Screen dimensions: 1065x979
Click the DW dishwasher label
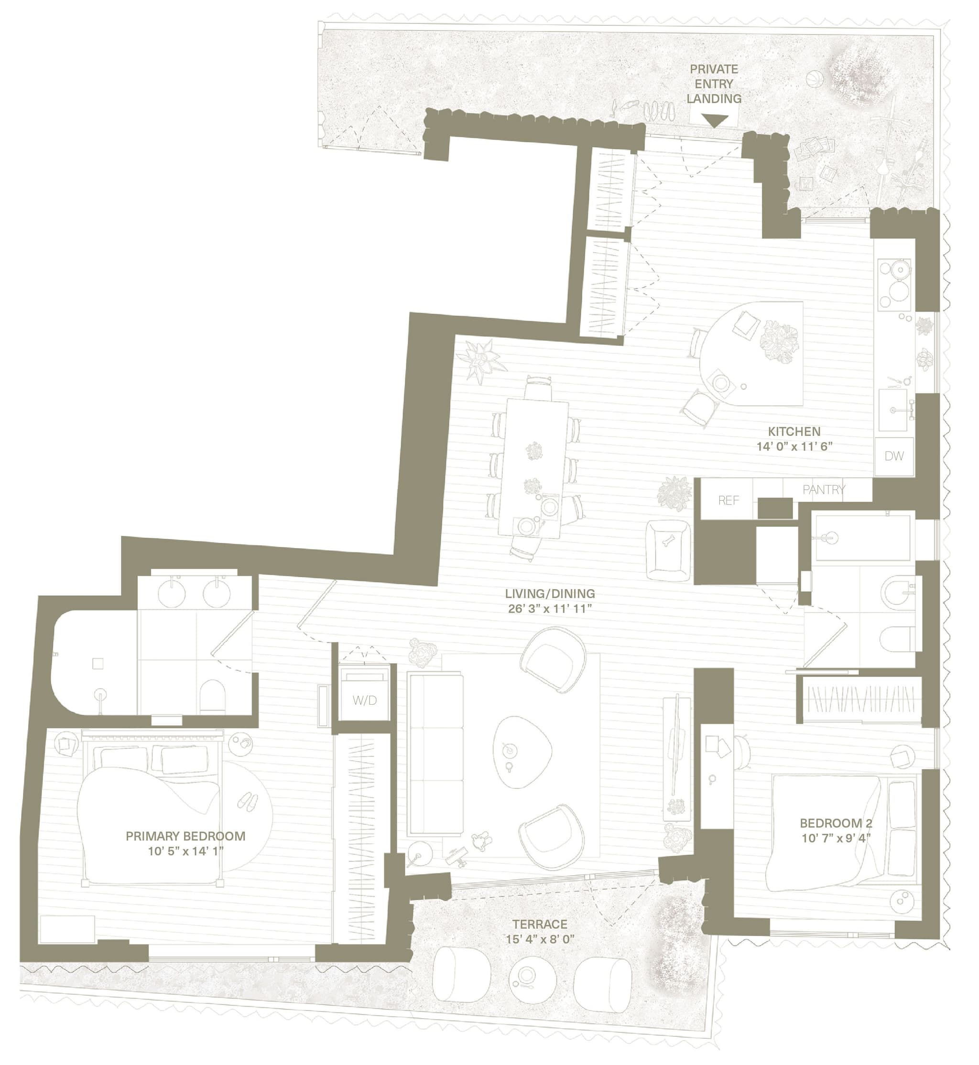point(894,456)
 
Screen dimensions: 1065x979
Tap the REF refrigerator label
point(729,500)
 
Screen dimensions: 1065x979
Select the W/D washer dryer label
point(364,700)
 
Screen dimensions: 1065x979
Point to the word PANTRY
point(824,490)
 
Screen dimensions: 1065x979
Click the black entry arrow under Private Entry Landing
point(715,121)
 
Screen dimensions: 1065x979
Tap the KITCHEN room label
point(794,431)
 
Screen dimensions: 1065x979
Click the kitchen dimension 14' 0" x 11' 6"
point(794,446)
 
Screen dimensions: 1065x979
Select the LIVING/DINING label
point(550,594)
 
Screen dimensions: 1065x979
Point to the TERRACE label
point(540,924)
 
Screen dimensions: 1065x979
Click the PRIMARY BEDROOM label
point(185,836)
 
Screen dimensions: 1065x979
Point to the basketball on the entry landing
point(814,79)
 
